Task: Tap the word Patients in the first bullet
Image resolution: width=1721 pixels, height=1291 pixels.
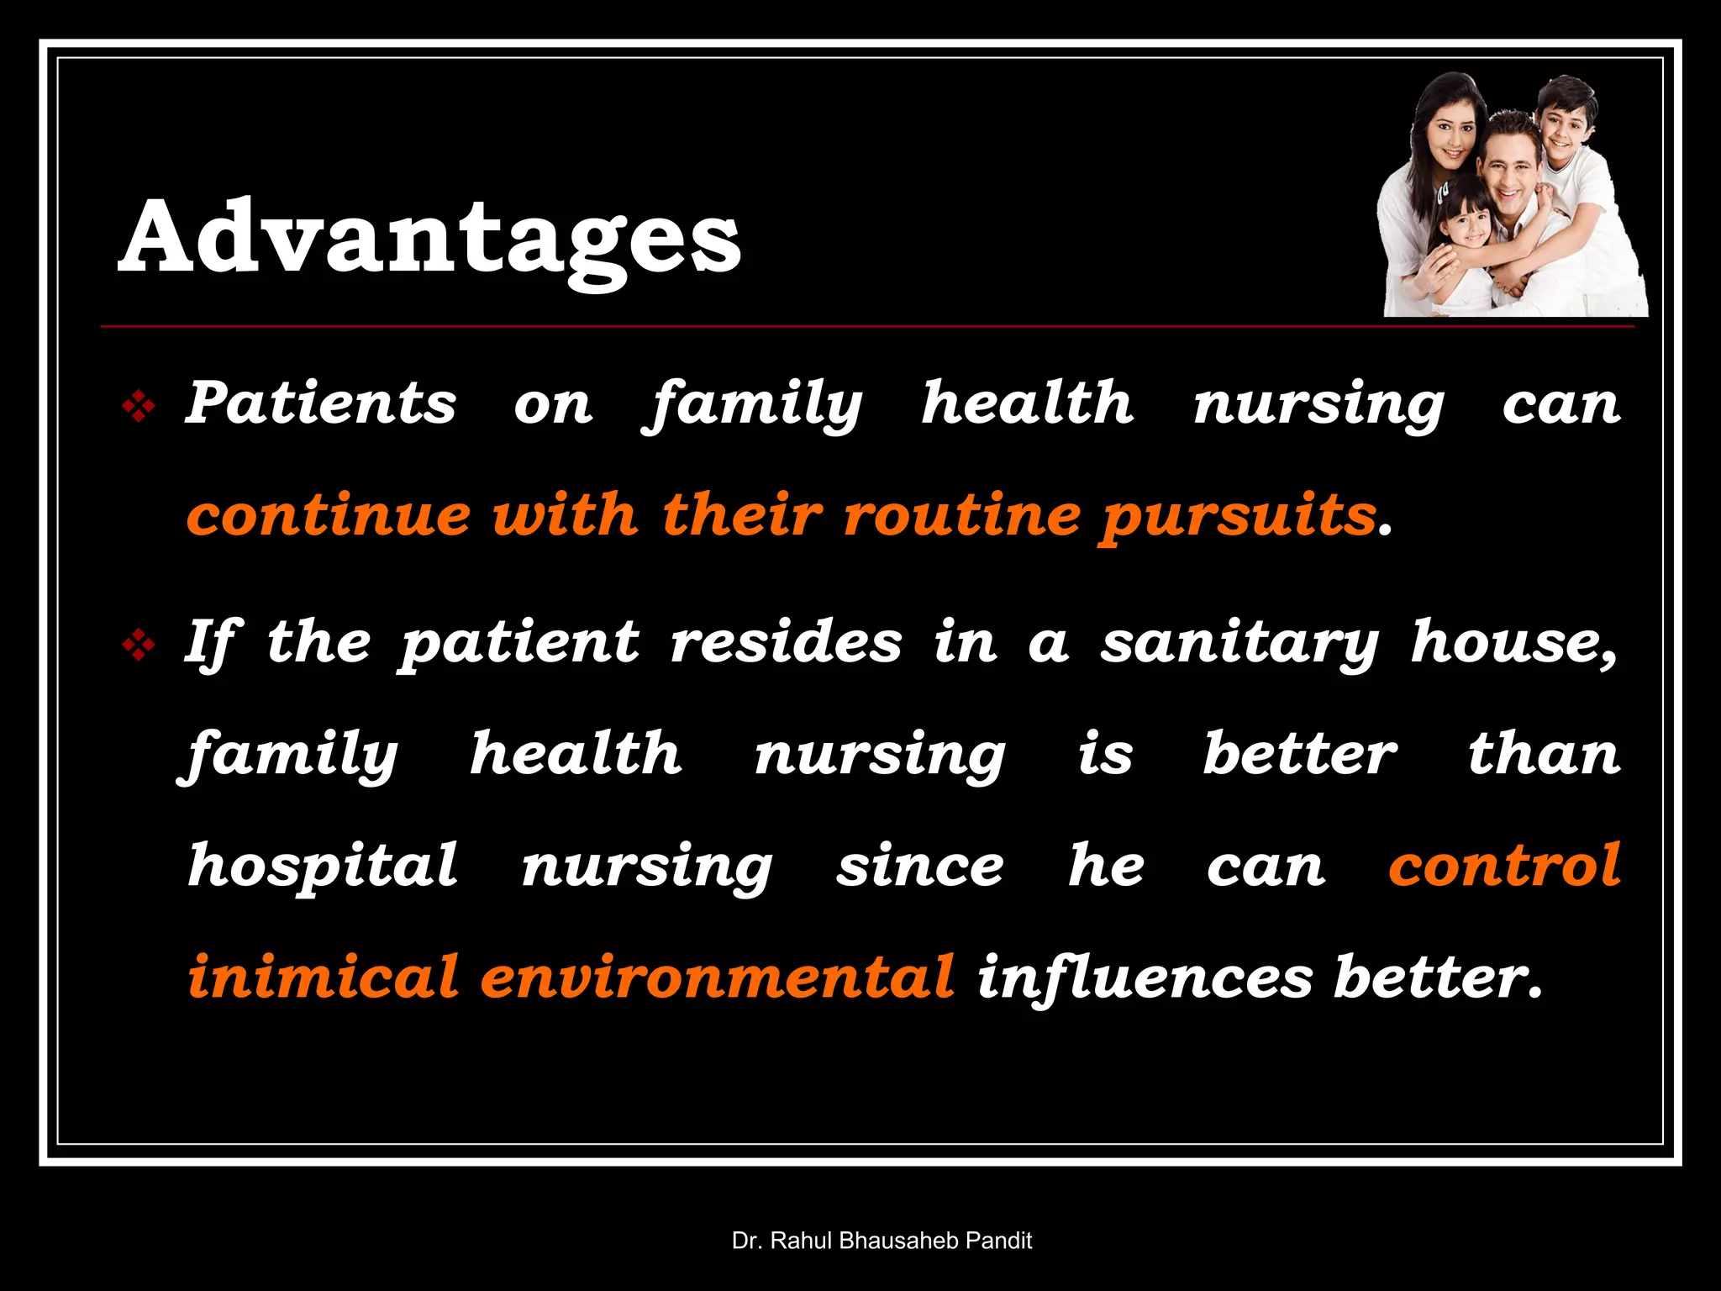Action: pyautogui.click(x=320, y=403)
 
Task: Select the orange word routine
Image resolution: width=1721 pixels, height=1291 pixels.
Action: pyautogui.click(x=961, y=514)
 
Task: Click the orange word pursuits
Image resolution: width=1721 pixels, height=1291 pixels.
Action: pyautogui.click(x=1239, y=516)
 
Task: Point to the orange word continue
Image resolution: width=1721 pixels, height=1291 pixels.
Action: pyautogui.click(x=329, y=514)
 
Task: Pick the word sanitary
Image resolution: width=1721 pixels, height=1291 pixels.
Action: pyautogui.click(x=1240, y=644)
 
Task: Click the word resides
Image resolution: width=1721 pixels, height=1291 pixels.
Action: pyautogui.click(x=786, y=643)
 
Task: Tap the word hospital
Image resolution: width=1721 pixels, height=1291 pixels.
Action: pyautogui.click(x=323, y=866)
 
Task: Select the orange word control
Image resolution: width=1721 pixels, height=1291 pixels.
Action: pyautogui.click(x=1504, y=865)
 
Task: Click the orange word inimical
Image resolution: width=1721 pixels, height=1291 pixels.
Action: pyautogui.click(x=324, y=977)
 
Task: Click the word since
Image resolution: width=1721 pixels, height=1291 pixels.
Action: pyautogui.click(x=919, y=866)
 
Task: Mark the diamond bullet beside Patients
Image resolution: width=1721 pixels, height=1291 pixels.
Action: pyautogui.click(x=139, y=408)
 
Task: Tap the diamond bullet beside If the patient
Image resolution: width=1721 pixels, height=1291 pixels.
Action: pyautogui.click(x=139, y=645)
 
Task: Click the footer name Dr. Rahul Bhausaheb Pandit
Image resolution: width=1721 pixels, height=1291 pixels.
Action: pyautogui.click(x=882, y=1241)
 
